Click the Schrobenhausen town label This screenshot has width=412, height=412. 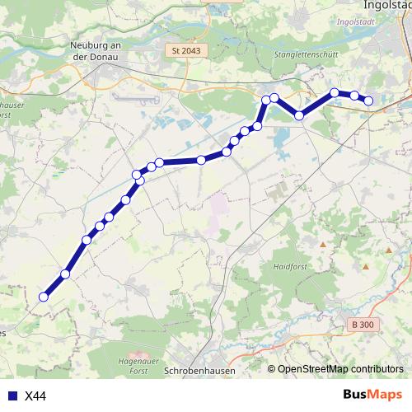(199, 372)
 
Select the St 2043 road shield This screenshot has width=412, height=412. (186, 50)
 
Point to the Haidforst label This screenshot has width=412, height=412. (288, 268)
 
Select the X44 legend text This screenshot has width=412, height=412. (35, 396)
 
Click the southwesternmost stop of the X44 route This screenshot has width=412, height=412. (44, 297)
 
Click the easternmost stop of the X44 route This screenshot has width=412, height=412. (369, 101)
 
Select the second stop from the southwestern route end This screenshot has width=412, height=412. (65, 274)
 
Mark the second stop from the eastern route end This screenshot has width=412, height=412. (354, 96)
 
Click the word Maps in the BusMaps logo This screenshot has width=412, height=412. (384, 396)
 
